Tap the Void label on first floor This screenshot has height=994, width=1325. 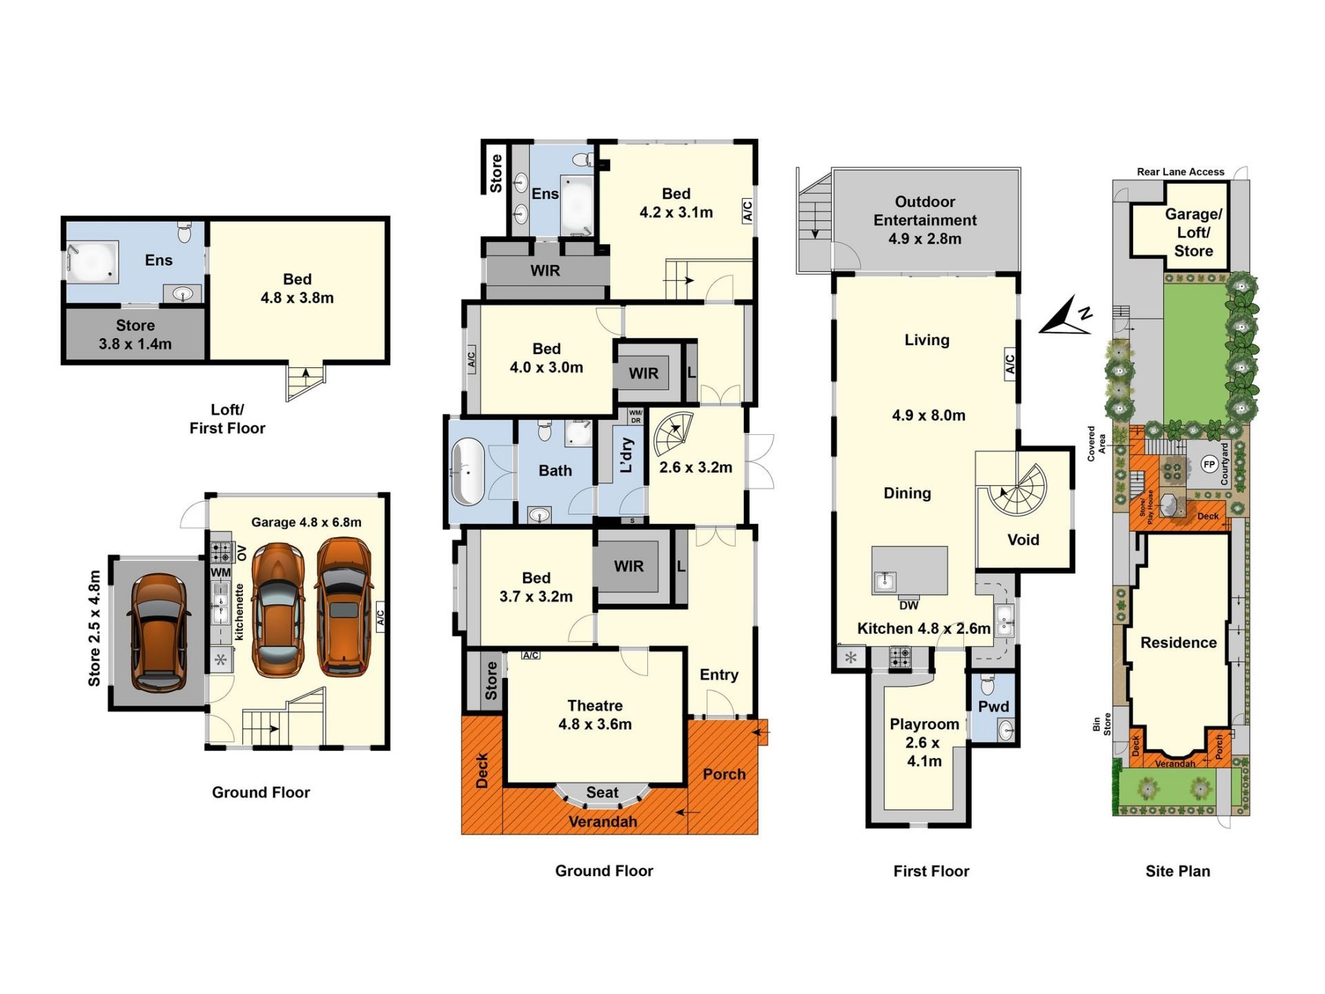point(1023,540)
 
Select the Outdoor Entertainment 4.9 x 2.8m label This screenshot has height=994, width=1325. point(925,220)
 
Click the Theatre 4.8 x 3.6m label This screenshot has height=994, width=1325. point(595,714)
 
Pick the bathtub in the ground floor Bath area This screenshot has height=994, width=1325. point(467,471)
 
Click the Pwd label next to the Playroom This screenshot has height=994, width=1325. point(993,706)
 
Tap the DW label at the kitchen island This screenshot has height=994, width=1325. point(909,605)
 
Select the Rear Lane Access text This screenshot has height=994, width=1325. point(1180,172)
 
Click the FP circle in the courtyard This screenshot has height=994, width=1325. point(1209,465)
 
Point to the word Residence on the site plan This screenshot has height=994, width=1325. point(1178,643)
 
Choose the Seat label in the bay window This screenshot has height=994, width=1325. point(602,792)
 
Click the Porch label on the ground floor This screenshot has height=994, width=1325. point(724,774)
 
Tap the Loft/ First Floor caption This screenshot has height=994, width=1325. point(227,419)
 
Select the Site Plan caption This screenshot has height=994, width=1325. point(1177,871)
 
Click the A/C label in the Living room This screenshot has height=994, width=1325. point(1010,364)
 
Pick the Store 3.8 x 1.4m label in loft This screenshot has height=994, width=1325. point(135,335)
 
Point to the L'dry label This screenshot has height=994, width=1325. point(627,455)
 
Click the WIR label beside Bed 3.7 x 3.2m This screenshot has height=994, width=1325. point(629,566)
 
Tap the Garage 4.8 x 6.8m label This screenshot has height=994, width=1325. point(306,523)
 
